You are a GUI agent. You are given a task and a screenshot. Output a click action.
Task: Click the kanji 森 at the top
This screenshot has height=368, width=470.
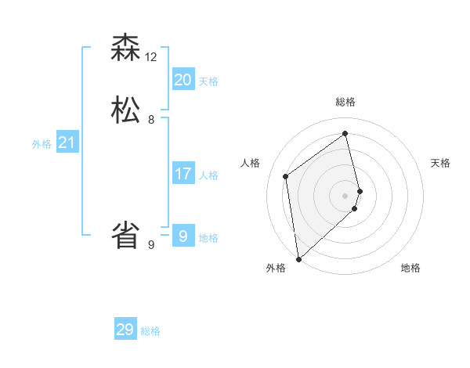pos(125,48)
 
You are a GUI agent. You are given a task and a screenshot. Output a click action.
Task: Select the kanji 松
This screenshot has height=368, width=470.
pos(125,108)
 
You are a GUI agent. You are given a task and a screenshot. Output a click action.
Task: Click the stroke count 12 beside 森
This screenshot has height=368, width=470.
pos(151,57)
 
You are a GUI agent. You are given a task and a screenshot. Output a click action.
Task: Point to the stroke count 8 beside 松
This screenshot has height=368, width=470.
pos(151,120)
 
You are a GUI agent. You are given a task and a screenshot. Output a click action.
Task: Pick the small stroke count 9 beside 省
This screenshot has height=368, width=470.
pos(151,245)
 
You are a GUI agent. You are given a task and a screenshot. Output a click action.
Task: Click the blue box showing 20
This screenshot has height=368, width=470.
pos(183,80)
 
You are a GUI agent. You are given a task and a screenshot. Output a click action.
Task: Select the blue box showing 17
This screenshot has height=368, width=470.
pos(183,174)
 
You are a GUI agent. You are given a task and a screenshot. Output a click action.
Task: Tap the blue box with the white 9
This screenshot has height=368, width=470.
pos(183,235)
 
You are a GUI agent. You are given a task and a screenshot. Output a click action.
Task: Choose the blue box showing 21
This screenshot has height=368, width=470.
pos(67,143)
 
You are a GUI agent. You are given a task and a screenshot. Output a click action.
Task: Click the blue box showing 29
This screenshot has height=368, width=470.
pos(125,330)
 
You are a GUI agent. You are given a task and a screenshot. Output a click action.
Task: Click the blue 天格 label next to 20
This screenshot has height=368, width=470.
pos(208,81)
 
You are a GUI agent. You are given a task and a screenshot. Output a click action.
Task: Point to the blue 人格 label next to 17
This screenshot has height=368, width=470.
pos(208,175)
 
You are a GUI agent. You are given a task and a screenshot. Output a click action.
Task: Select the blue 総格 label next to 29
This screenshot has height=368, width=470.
pos(151,331)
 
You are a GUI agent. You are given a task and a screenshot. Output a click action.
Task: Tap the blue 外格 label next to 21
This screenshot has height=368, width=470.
pos(41,144)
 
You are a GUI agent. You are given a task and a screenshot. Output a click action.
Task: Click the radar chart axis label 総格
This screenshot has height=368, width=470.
pos(345,102)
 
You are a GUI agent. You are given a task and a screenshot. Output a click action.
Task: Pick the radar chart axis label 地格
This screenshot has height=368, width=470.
pos(410,268)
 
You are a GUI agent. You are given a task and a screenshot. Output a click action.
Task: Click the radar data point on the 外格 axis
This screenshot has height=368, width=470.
pos(298,259)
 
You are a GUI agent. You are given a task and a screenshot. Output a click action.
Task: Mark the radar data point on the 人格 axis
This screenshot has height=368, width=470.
pos(286,176)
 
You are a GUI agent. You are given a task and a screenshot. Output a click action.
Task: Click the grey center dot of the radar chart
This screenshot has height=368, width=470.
pos(345,195)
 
